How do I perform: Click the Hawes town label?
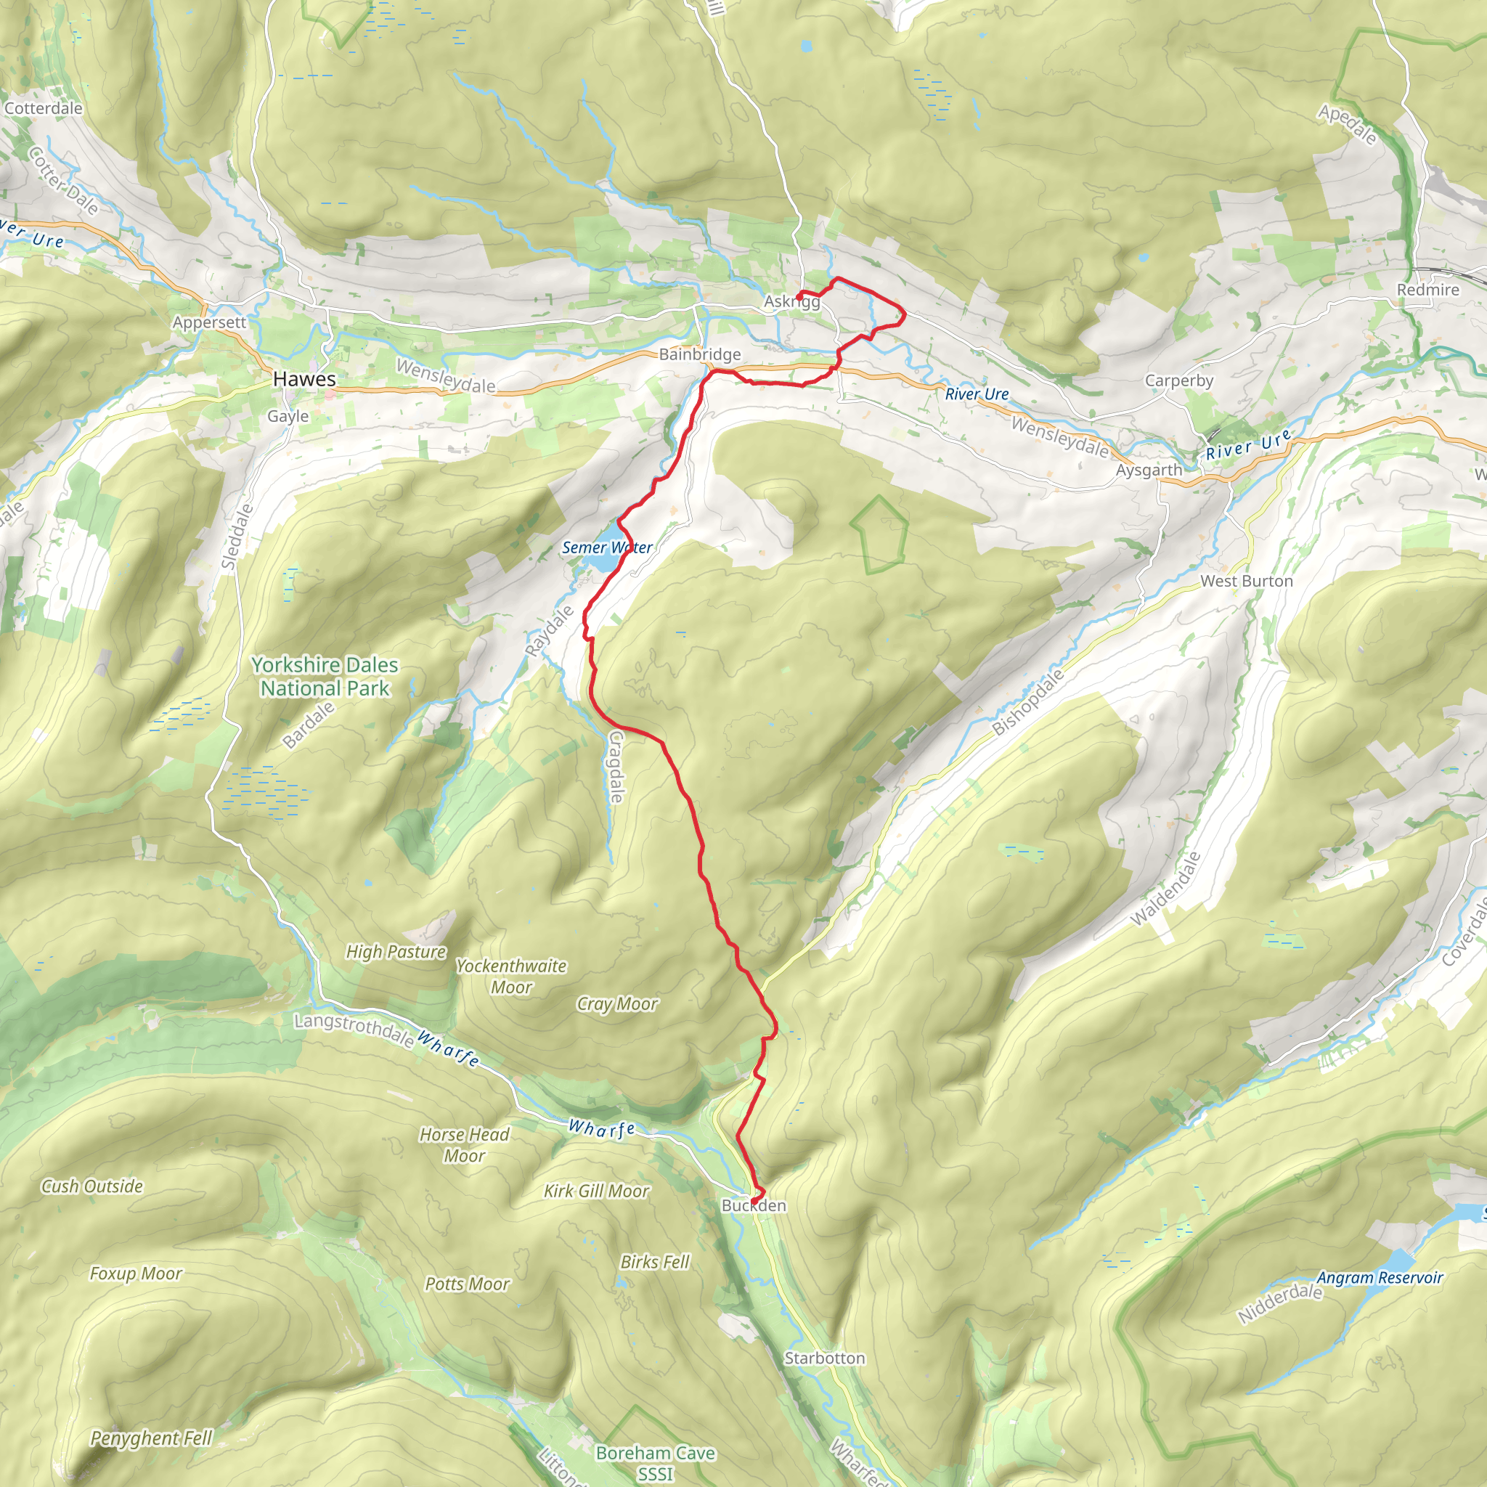pyautogui.click(x=304, y=379)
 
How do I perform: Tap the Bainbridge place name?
pyautogui.click(x=700, y=354)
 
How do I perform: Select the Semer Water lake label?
pyautogui.click(x=606, y=547)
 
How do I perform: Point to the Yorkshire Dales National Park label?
pyautogui.click(x=325, y=677)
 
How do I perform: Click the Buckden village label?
pyautogui.click(x=754, y=1205)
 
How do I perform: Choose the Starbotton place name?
pyautogui.click(x=824, y=1358)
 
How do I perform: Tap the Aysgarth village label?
pyautogui.click(x=1149, y=470)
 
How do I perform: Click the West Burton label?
pyautogui.click(x=1246, y=581)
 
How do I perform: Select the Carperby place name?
pyautogui.click(x=1178, y=380)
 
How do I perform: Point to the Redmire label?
pyautogui.click(x=1427, y=290)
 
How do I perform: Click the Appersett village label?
pyautogui.click(x=209, y=322)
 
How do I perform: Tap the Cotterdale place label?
pyautogui.click(x=43, y=107)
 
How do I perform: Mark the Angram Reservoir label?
pyautogui.click(x=1380, y=1278)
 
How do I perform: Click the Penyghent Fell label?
pyautogui.click(x=151, y=1438)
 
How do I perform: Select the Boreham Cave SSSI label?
pyautogui.click(x=655, y=1463)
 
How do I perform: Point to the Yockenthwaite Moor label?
pyautogui.click(x=511, y=976)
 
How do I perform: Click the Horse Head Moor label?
pyautogui.click(x=464, y=1144)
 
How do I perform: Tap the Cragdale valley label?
pyautogui.click(x=616, y=766)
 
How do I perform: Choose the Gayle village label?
pyautogui.click(x=288, y=415)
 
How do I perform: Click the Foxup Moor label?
pyautogui.click(x=136, y=1274)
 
